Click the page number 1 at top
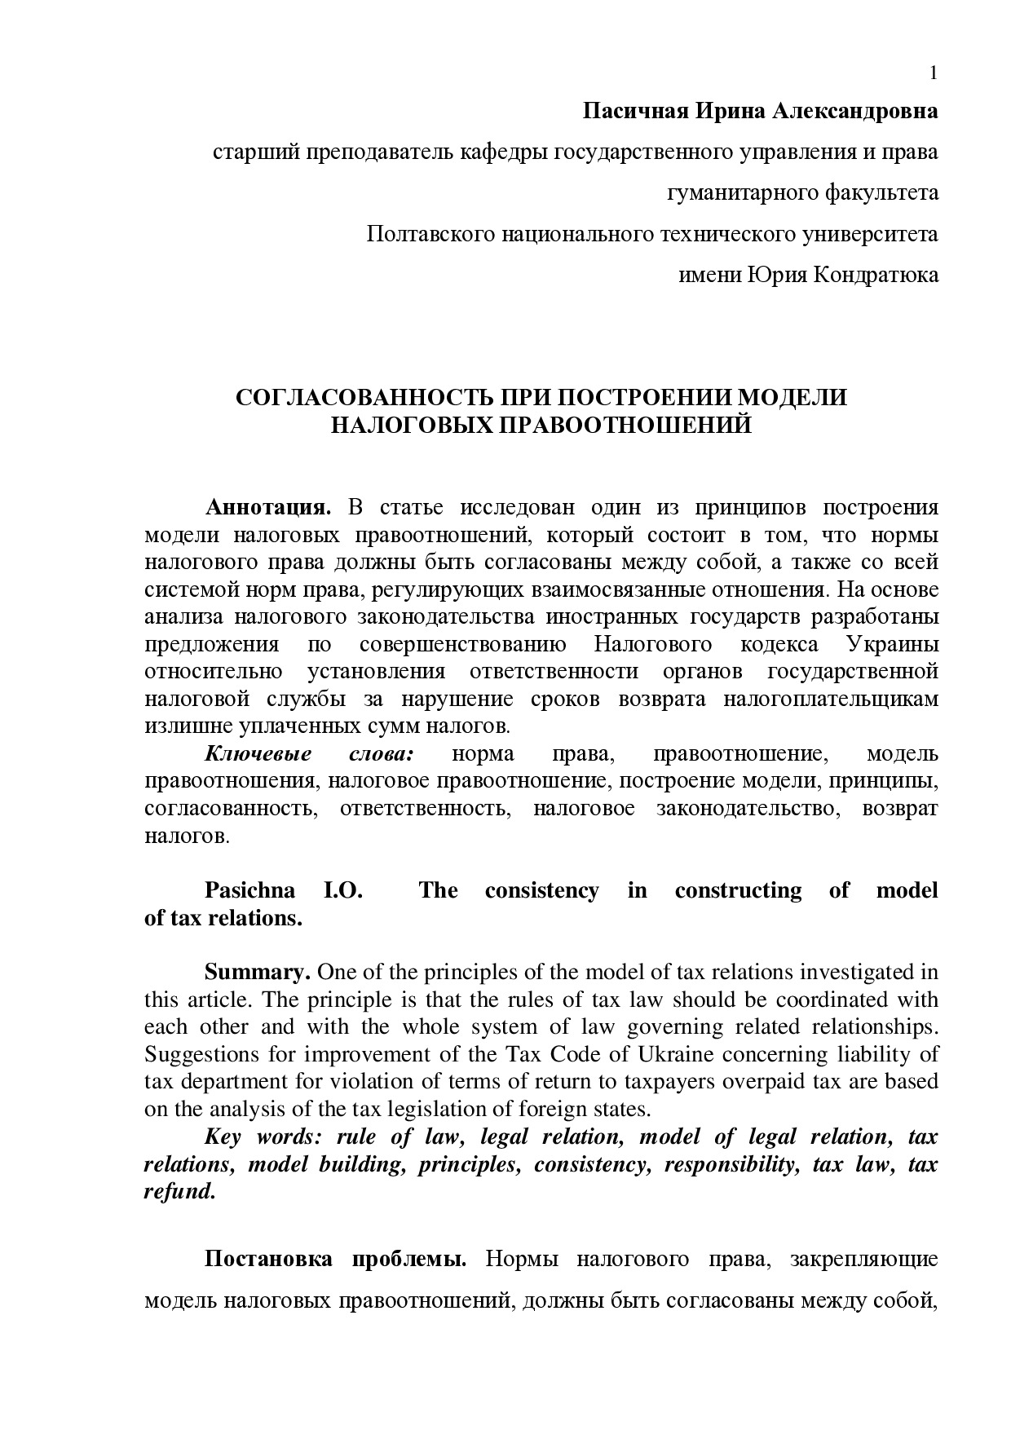(934, 73)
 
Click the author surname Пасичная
(634, 111)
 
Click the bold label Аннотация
(268, 507)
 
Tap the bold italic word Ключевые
(258, 754)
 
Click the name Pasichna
(249, 890)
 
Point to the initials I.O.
(343, 890)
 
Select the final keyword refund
(179, 1192)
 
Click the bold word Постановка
(268, 1260)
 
